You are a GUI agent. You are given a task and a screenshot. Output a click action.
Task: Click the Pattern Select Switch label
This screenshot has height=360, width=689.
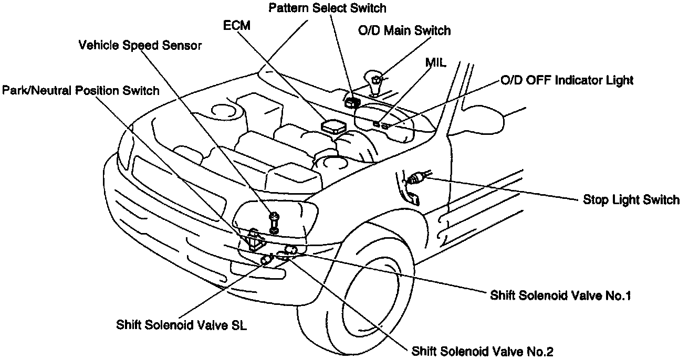(x=327, y=8)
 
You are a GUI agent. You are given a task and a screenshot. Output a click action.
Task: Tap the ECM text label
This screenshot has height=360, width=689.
(x=236, y=26)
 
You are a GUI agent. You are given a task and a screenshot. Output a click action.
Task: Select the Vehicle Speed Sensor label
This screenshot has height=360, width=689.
(x=140, y=46)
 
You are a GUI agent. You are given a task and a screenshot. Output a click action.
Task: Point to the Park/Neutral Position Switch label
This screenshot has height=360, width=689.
(x=80, y=91)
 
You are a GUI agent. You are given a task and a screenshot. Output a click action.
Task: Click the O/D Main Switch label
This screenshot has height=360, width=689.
(x=404, y=30)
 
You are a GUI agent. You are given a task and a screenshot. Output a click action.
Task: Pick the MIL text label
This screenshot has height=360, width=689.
(x=435, y=63)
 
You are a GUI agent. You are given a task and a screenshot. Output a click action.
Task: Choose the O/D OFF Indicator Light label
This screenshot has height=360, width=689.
(x=566, y=80)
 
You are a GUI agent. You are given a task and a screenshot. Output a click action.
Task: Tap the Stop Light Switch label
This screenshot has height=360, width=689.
(x=631, y=200)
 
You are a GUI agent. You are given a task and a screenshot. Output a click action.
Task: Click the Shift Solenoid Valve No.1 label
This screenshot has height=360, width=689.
(x=560, y=295)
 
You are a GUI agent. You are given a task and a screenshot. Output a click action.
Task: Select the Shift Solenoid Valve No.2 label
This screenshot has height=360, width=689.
(x=483, y=351)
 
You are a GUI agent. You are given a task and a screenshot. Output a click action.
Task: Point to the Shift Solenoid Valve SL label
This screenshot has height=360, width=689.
(x=182, y=324)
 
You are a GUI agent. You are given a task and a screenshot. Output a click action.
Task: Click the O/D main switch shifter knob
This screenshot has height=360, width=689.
(x=377, y=80)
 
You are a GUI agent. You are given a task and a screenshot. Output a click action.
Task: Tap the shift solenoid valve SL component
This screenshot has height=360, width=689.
(x=266, y=259)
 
